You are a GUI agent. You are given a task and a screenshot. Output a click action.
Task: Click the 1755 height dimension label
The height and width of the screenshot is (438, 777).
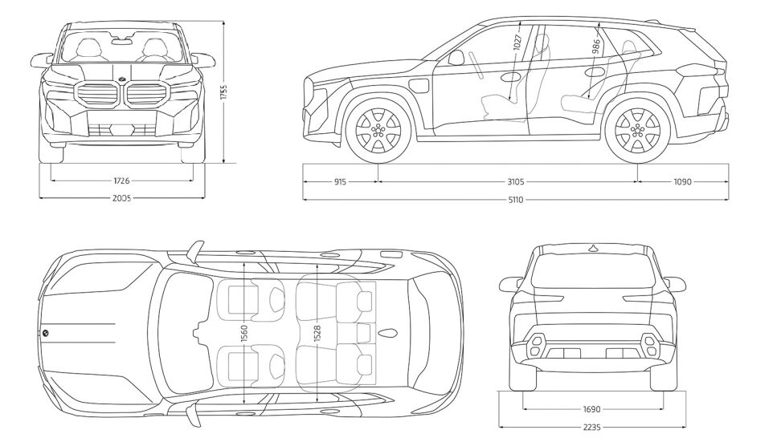[225, 92]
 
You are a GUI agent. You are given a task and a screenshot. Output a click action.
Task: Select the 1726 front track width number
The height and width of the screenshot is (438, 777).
[121, 181]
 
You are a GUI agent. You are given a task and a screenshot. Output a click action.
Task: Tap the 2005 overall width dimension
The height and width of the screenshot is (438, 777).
[121, 197]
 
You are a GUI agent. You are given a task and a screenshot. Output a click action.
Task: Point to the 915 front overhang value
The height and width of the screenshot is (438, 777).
[339, 182]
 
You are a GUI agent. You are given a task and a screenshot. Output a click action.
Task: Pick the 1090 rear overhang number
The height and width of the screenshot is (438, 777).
[681, 182]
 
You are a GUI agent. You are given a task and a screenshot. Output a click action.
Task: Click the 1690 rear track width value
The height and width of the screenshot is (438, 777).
[593, 408]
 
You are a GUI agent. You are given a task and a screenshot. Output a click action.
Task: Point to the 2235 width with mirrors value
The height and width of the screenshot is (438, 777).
[593, 428]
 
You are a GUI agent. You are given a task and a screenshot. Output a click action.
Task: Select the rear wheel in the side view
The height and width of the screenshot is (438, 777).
[638, 131]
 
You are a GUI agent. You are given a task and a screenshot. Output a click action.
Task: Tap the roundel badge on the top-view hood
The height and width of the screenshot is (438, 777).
[46, 333]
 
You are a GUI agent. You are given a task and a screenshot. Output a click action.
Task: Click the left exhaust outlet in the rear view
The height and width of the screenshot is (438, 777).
[537, 347]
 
